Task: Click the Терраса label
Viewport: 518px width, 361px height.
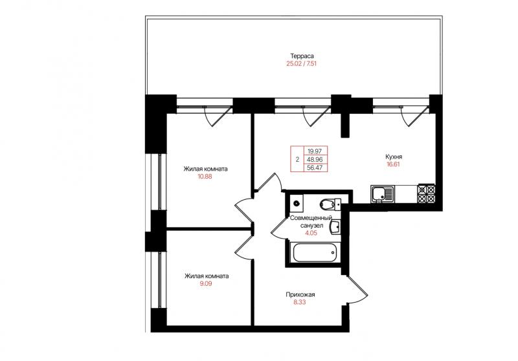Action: coord(302,56)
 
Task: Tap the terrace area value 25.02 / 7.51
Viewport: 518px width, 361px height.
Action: coord(301,63)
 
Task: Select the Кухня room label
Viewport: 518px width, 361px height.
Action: coord(394,157)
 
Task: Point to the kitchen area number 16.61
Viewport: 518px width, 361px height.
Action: coord(393,164)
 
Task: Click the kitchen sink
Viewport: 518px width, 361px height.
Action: coord(383,193)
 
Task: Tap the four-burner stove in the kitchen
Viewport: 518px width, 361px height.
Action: coord(427,193)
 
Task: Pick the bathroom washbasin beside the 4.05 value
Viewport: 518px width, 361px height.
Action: coord(335,227)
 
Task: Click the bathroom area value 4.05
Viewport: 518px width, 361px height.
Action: coord(311,234)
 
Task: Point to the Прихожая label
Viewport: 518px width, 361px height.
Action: coord(300,294)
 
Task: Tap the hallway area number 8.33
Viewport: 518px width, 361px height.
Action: coord(300,302)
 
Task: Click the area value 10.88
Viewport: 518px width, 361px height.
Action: coord(205,177)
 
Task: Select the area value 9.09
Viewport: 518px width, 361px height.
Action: coord(206,283)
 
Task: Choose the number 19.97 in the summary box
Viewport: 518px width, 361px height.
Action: coord(315,151)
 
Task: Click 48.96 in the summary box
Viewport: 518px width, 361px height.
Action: coord(315,160)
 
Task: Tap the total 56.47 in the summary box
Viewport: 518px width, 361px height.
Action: coord(315,168)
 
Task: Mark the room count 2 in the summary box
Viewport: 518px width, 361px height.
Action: coord(297,160)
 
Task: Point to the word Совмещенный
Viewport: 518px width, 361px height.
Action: coord(311,218)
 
